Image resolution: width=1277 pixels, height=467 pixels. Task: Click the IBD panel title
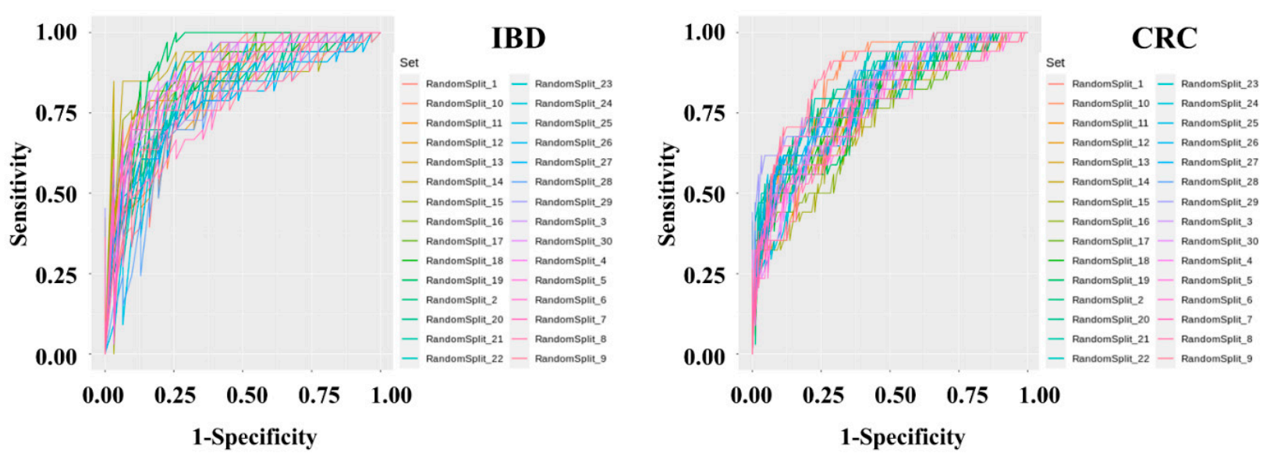[x=518, y=37]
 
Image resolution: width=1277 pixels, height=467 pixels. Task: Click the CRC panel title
[x=1163, y=37]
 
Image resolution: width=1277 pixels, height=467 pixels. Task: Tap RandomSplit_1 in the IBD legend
[x=461, y=83]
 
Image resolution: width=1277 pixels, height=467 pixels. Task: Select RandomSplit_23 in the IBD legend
[x=573, y=83]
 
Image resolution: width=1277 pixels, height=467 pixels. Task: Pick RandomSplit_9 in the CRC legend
[x=1216, y=359]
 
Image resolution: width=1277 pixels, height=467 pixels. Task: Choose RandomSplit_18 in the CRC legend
[x=1110, y=260]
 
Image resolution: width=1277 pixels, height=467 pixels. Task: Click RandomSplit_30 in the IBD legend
[x=573, y=241]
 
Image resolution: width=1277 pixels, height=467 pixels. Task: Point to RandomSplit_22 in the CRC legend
[x=1110, y=359]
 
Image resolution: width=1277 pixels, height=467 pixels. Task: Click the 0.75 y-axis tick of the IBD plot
[x=56, y=113]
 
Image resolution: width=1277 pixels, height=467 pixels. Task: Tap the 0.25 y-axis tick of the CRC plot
[x=704, y=275]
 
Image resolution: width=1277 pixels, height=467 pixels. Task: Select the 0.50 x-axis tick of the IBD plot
[x=247, y=395]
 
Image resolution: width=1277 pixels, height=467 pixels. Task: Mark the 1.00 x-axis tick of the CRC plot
[x=1039, y=395]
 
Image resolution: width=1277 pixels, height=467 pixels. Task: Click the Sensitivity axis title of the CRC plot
[x=667, y=194]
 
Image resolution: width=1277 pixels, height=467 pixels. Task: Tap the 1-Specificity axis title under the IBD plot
[x=254, y=437]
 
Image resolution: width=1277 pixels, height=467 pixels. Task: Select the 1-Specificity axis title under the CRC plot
[x=902, y=437]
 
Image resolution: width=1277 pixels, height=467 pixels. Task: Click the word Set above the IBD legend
[x=409, y=62]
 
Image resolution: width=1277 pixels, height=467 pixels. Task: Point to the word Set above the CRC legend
[x=1055, y=62]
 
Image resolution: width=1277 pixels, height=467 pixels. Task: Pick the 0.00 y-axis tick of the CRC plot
[x=704, y=356]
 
